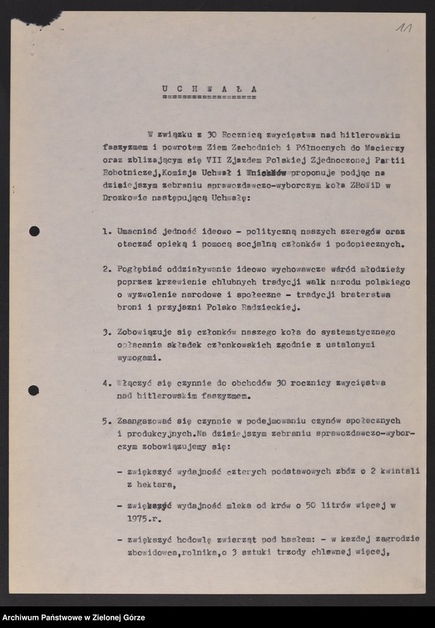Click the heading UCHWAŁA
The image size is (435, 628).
(209, 88)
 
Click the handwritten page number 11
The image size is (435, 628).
(405, 28)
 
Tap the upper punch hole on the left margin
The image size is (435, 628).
(34, 231)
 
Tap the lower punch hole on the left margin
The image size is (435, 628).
(34, 390)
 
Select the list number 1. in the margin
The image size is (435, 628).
(107, 231)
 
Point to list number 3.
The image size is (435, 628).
(107, 332)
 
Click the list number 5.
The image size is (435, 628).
(107, 421)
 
